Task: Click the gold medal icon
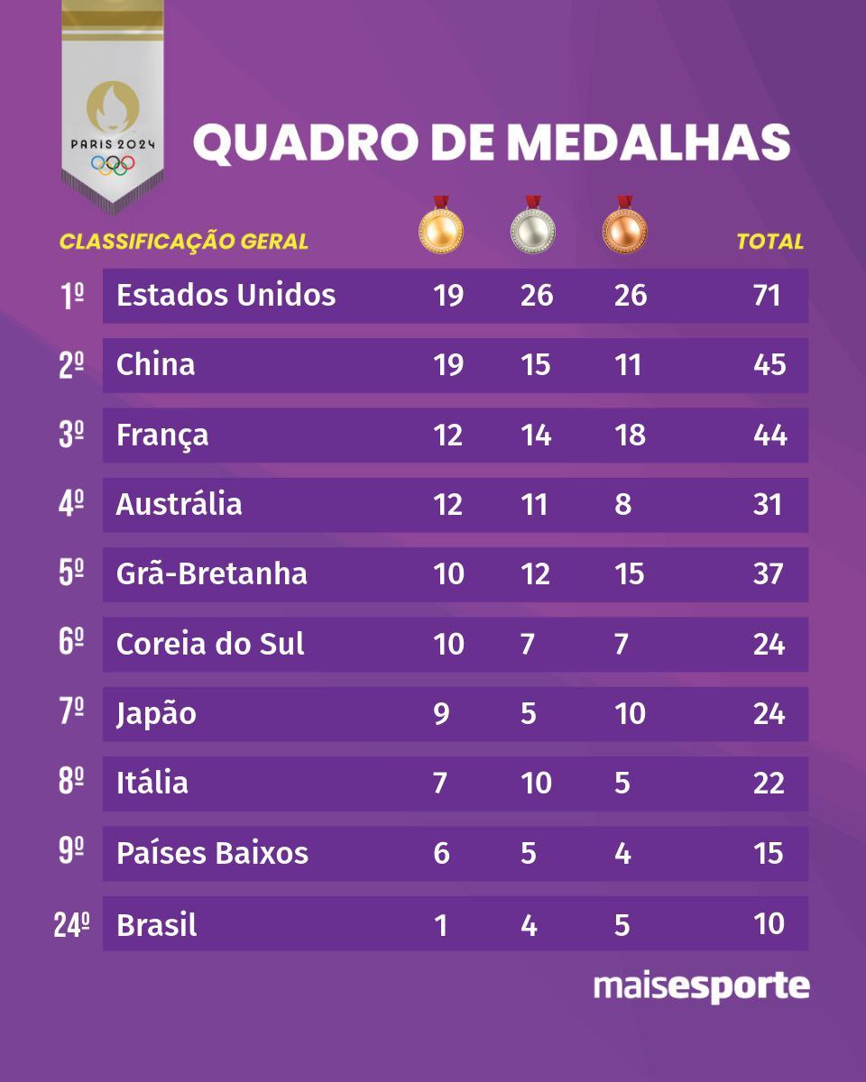[x=440, y=228]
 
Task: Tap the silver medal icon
[x=532, y=228]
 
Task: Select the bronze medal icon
[x=625, y=228]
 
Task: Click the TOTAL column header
[x=769, y=242]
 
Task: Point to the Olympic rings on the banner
[x=113, y=165]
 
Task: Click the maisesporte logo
[x=701, y=986]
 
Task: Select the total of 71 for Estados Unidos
[x=768, y=296]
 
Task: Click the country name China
[x=156, y=365]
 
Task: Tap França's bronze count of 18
[x=629, y=436]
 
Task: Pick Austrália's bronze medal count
[x=622, y=504]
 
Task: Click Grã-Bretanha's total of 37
[x=769, y=574]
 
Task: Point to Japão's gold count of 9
[x=441, y=714]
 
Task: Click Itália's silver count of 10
[x=536, y=784]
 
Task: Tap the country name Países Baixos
[x=212, y=854]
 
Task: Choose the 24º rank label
[x=72, y=925]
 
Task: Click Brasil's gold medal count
[x=441, y=925]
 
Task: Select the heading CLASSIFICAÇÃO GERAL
[x=184, y=242]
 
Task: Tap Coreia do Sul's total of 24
[x=769, y=645]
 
